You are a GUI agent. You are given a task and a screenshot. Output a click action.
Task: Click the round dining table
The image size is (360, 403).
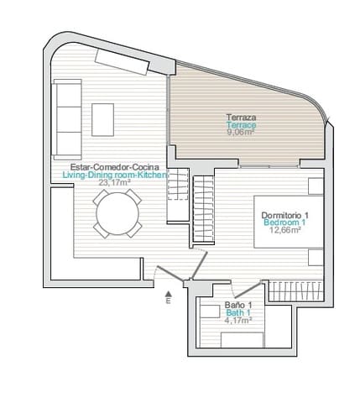117,214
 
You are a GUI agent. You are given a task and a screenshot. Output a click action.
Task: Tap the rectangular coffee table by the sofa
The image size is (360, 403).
102,120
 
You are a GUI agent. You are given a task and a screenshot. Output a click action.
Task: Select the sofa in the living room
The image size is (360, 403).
67,119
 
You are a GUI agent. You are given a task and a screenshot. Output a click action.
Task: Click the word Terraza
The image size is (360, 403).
241,118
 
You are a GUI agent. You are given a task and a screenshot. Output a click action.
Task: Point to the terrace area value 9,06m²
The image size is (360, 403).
241,132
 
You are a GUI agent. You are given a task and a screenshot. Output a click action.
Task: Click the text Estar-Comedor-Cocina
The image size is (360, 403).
115,167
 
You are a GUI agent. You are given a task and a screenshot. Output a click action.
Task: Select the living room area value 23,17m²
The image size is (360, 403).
115,182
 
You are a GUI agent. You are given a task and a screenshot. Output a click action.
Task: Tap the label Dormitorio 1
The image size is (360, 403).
285,215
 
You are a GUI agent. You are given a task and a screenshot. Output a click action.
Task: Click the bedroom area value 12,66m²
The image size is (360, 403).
285,230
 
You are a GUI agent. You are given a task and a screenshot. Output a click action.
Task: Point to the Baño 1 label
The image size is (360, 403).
238,305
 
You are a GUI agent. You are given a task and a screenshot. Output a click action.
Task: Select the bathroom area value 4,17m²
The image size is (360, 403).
238,320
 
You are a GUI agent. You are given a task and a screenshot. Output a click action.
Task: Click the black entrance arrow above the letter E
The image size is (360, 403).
168,294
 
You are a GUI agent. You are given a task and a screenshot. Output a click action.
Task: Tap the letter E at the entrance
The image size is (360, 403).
168,301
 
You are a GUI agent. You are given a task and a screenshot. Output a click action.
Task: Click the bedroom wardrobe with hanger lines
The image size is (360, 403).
296,290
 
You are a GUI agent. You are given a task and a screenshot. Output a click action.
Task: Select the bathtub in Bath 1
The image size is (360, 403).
243,340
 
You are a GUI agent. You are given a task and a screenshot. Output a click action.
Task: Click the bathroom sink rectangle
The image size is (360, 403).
211,311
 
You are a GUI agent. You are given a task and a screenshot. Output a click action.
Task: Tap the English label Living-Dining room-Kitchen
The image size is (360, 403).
115,175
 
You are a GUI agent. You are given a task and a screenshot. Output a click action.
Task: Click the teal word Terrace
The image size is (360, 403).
241,125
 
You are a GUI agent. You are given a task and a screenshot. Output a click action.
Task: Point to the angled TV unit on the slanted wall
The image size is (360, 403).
122,62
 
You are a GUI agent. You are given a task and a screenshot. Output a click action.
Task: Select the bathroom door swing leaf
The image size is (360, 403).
248,290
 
